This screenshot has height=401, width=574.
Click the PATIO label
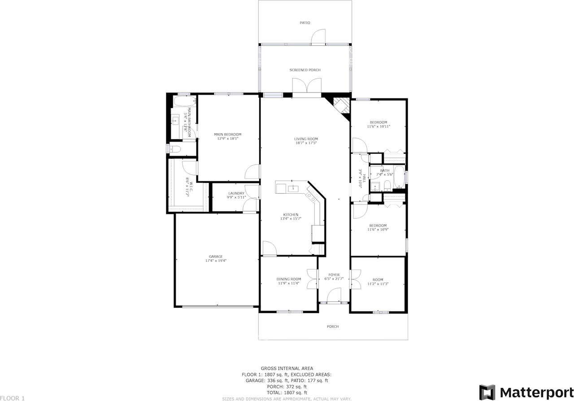(305, 22)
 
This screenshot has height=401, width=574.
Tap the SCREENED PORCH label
(305, 70)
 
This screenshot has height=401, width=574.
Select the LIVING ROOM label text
(306, 139)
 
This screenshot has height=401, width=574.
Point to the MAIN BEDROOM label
(227, 135)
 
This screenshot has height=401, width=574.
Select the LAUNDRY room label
(236, 193)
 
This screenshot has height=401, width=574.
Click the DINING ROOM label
(288, 279)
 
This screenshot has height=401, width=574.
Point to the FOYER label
(334, 275)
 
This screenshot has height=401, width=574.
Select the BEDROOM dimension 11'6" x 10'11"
(378, 126)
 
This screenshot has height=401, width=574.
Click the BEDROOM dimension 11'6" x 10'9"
(378, 230)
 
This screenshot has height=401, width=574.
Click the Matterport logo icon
(487, 392)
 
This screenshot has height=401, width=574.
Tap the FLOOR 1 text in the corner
(13, 398)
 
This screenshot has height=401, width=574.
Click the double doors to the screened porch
(307, 86)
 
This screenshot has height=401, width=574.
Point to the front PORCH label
(333, 327)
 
